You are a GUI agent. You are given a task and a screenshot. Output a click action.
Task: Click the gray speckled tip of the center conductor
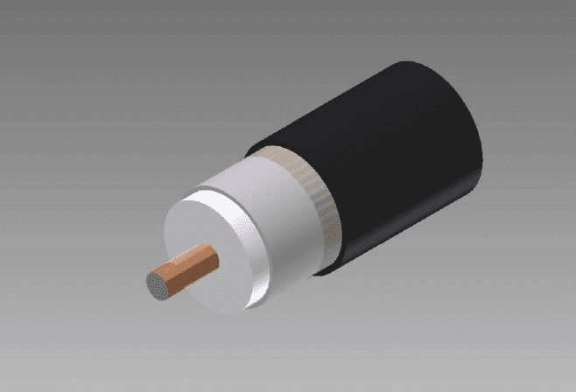pyautogui.click(x=158, y=284)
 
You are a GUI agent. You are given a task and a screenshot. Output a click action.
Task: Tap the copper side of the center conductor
pyautogui.click(x=188, y=266)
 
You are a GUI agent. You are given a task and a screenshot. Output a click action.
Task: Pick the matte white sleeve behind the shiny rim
pyautogui.click(x=280, y=219)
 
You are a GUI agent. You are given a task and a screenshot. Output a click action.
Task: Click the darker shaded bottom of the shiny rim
pyautogui.click(x=254, y=302)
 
